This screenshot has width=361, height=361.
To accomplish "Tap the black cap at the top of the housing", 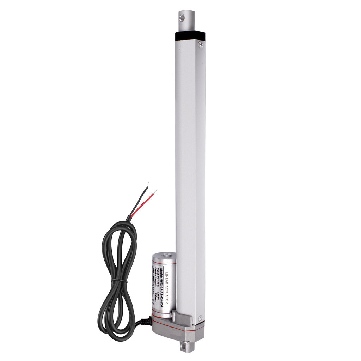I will coord(190,36).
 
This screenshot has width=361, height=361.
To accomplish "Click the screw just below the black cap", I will coord(201,44).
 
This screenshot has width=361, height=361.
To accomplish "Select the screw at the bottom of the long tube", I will coord(201,319).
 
